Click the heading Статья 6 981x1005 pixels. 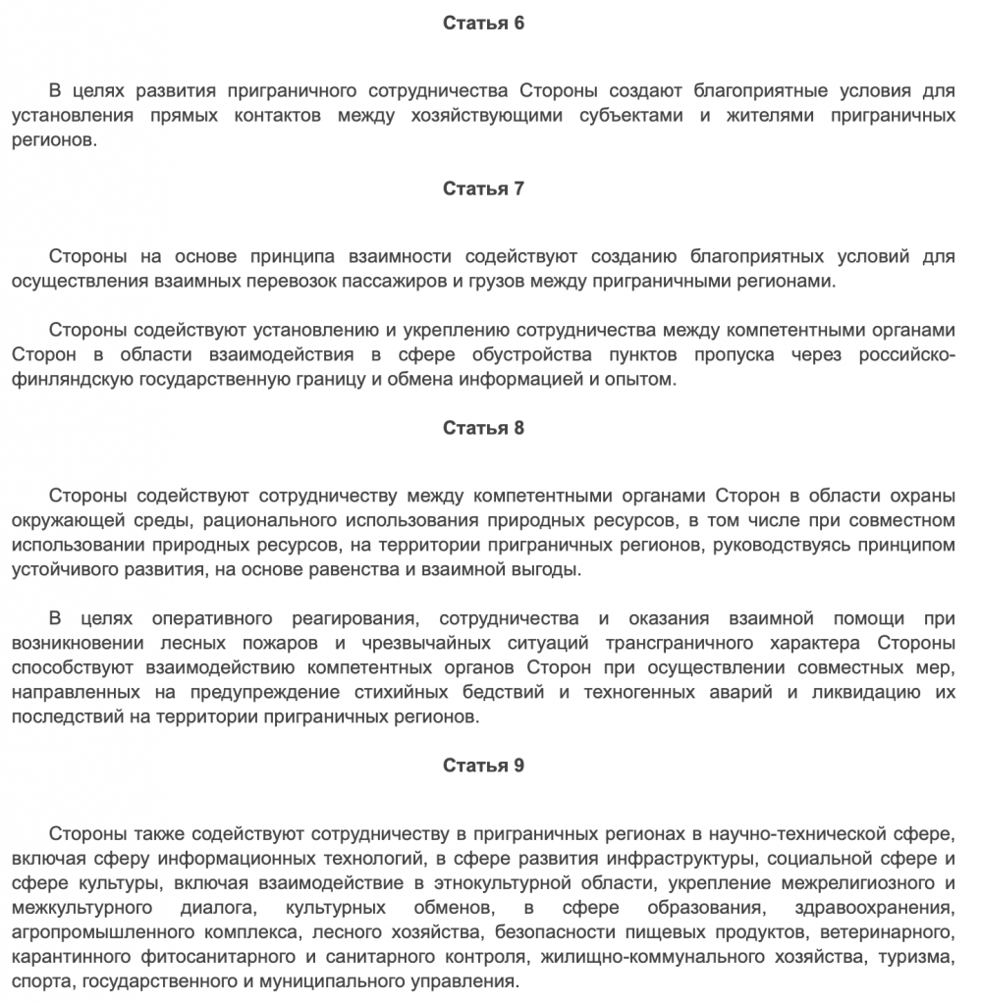coord(483,24)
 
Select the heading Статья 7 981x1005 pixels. coord(483,188)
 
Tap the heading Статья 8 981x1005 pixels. coord(483,428)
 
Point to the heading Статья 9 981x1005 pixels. coord(483,766)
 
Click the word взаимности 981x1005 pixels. coord(400,257)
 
